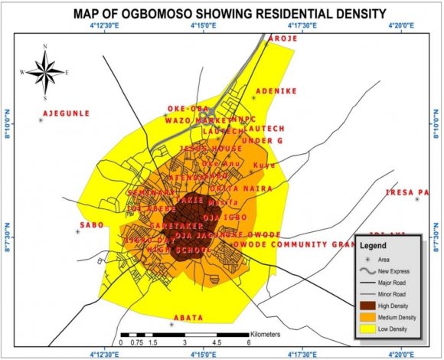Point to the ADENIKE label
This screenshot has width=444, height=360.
point(276,91)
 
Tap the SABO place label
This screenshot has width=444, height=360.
point(91,226)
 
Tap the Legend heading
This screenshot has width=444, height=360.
point(384,246)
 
